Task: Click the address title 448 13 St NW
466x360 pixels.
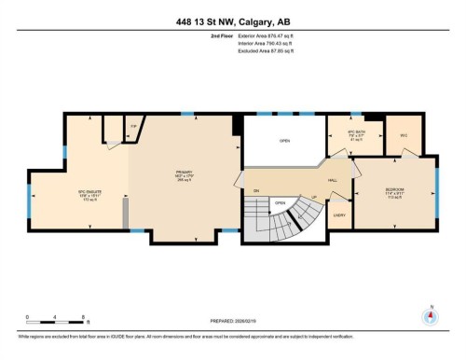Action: [232, 22]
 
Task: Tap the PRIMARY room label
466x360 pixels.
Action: [184, 173]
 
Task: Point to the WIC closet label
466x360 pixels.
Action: [404, 135]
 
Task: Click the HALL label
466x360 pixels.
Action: [332, 180]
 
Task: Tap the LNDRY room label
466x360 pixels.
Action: [338, 215]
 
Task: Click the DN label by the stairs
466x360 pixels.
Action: [255, 191]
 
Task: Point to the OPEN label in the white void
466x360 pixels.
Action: [284, 142]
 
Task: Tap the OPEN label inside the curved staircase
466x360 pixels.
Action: [280, 202]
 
